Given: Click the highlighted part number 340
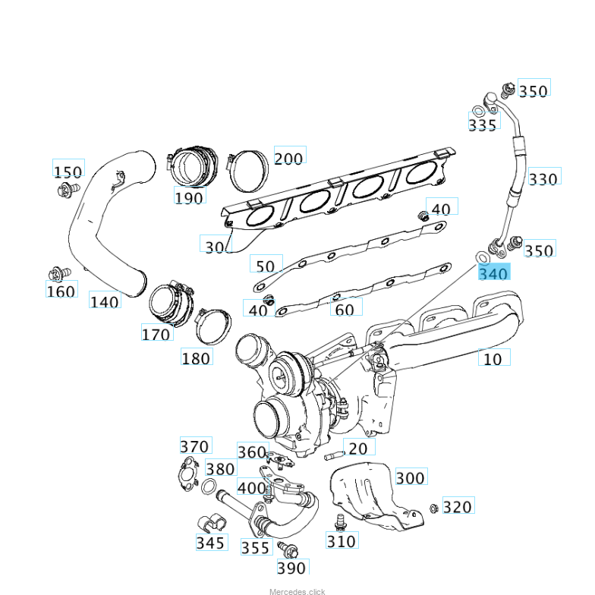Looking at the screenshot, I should (x=493, y=272).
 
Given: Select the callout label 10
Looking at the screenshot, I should (x=493, y=358).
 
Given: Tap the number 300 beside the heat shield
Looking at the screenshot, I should (x=411, y=477).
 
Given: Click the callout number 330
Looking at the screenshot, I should (x=543, y=178).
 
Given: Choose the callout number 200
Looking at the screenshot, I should (x=288, y=158).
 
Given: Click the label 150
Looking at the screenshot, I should (x=68, y=172).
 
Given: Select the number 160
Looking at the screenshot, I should (x=61, y=291).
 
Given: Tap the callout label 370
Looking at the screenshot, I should (x=194, y=446).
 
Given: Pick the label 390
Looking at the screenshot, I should (x=291, y=568).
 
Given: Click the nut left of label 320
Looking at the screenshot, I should (x=433, y=507).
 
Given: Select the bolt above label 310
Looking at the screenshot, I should (x=340, y=521).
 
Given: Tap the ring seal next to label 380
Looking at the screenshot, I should (x=211, y=487).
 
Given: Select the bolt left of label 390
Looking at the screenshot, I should (x=286, y=548).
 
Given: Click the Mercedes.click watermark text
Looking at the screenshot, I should (x=297, y=591).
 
